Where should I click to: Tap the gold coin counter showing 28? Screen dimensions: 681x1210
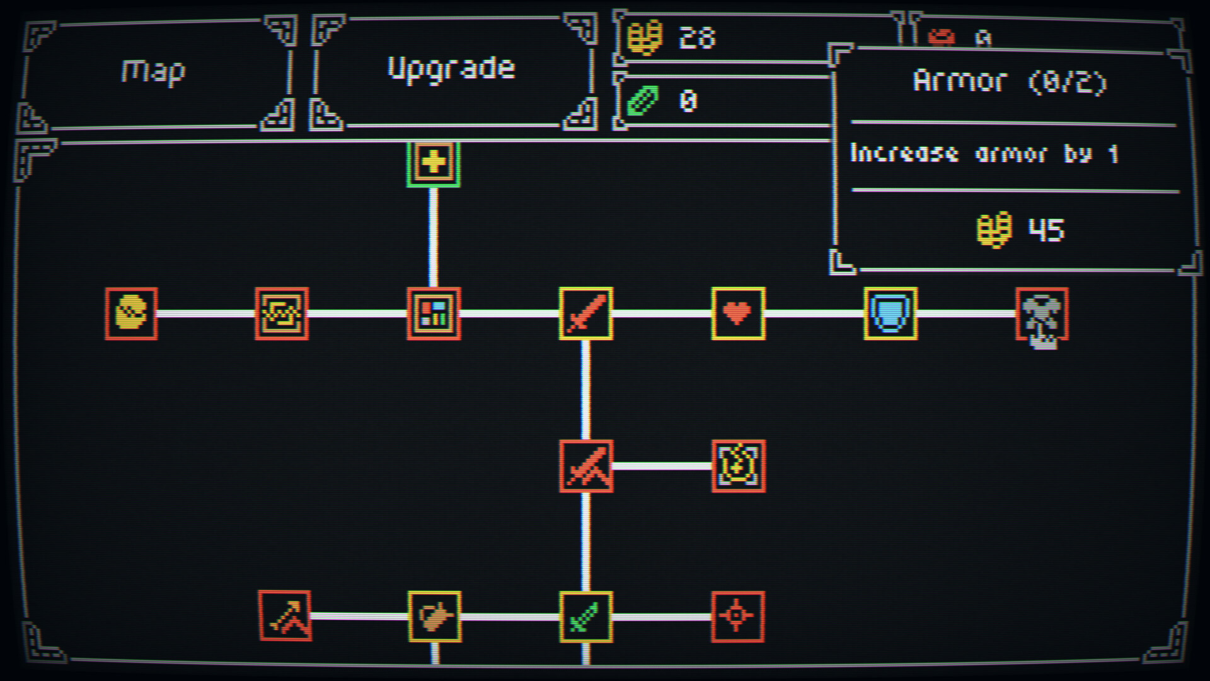click(697, 38)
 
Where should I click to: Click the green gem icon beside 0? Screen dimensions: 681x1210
click(643, 101)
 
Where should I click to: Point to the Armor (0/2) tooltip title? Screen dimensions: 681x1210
click(1010, 82)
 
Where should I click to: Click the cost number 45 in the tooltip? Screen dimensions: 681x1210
click(1046, 230)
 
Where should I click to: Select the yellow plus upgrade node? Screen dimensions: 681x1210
click(434, 163)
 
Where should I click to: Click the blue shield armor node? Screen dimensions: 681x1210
click(890, 313)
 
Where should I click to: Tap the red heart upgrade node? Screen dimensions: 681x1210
click(738, 313)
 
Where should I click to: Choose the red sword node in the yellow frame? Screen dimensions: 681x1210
click(585, 313)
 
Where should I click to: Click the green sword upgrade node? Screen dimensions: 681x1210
click(585, 617)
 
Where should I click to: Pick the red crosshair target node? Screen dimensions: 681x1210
click(738, 617)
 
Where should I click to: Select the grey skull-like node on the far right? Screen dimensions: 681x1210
click(1042, 315)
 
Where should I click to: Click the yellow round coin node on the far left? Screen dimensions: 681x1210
click(131, 313)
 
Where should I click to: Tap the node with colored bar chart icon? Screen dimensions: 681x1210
click(434, 313)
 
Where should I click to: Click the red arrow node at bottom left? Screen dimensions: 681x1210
click(285, 616)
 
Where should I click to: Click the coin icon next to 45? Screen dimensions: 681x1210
click(994, 230)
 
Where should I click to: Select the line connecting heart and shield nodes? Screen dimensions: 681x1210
click(814, 313)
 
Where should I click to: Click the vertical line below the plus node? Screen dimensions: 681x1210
click(434, 236)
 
